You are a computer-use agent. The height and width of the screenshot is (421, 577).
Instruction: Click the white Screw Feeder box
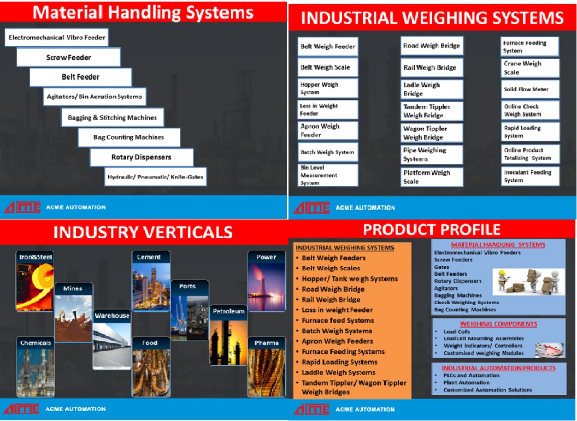coord(68,57)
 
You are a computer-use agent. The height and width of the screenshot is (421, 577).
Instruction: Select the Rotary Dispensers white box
coord(142,157)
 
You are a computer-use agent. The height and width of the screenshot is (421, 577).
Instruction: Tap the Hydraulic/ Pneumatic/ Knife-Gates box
coord(155,177)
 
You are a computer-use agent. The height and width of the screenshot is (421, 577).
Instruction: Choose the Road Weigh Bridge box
coord(432,46)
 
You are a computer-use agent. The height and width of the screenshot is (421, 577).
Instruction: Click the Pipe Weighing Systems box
coord(432,155)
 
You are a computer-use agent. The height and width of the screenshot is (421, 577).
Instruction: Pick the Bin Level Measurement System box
coord(327,175)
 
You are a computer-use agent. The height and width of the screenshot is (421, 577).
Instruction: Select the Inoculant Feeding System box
coord(530,176)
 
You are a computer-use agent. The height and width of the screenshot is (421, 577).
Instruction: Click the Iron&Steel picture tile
coord(35,281)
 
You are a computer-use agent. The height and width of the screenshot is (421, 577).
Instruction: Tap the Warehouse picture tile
coord(112,340)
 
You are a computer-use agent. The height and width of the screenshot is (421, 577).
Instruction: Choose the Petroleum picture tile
coord(228,335)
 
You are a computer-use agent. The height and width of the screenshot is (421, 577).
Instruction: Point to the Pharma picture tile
coord(267,367)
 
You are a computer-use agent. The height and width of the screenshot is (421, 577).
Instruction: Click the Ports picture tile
coord(190,310)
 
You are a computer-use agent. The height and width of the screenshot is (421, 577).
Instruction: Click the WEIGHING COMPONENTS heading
coord(499,324)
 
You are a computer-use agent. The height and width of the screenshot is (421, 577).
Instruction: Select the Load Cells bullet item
coord(457,331)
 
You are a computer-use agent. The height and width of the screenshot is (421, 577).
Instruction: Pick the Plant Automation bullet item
coord(466,382)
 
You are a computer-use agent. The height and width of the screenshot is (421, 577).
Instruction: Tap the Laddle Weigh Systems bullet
coord(338,372)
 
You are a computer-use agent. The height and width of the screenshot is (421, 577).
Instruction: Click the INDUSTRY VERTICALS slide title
coord(143,233)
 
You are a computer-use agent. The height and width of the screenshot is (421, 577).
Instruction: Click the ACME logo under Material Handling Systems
coord(22,207)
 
